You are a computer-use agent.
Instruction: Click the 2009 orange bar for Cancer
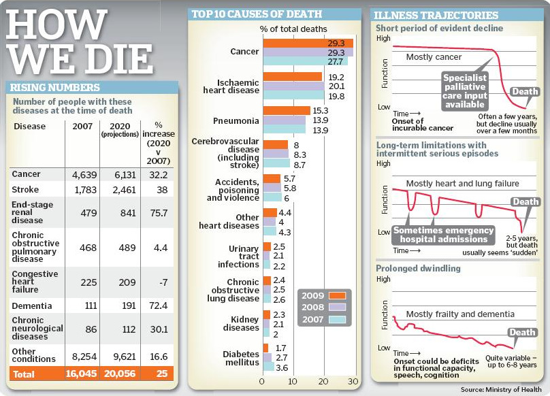coord(308,43)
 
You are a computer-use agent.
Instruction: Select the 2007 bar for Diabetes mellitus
coord(268,367)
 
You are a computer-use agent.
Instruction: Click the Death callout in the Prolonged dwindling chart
coord(522,333)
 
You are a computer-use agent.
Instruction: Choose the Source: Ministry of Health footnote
coord(502,389)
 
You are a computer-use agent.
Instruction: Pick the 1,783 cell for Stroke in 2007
coord(82,190)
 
